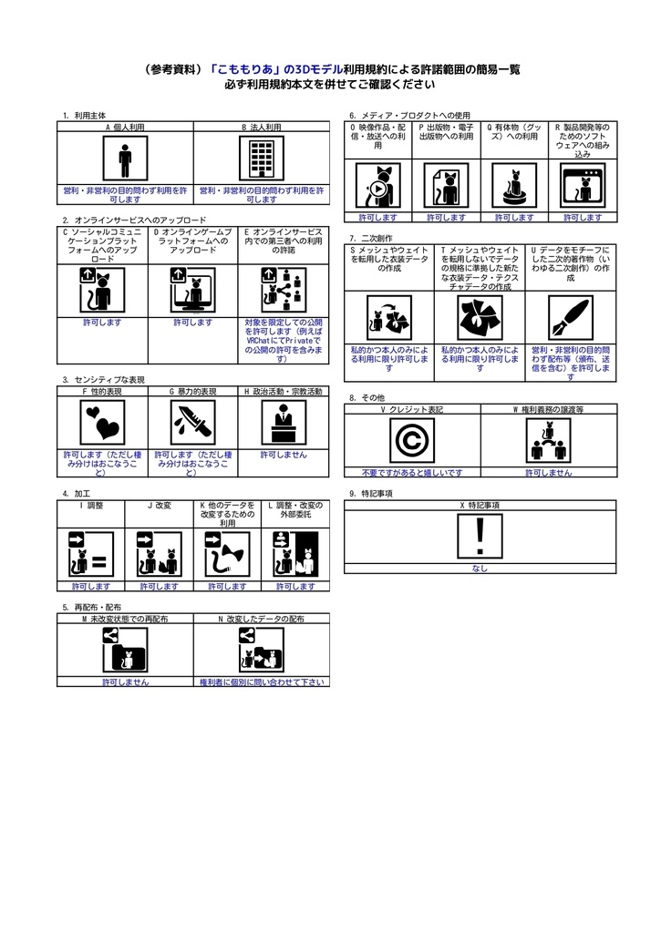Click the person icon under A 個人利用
[125, 159]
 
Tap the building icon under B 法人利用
[262, 159]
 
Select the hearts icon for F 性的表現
[102, 423]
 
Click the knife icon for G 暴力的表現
[193, 423]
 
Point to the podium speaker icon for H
[284, 423]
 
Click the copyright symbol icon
[412, 440]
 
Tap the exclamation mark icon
[480, 536]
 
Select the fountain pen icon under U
[571, 318]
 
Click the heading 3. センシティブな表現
[104, 380]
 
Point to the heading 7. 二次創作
[371, 238]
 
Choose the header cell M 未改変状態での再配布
[125, 619]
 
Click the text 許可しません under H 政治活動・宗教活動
[284, 455]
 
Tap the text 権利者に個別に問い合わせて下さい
[262, 682]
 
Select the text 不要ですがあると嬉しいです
[412, 473]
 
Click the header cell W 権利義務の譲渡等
[549, 409]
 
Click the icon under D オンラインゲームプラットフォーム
[193, 291]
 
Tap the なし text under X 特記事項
[480, 569]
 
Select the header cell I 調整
[91, 505]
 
